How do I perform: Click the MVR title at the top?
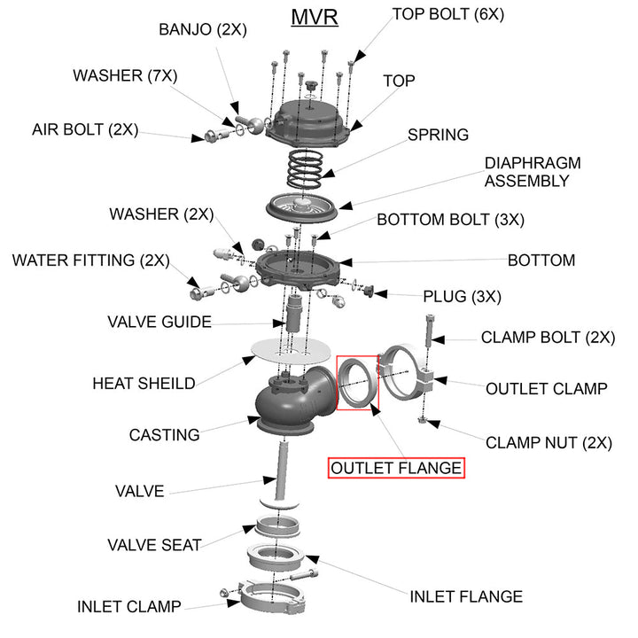(315, 18)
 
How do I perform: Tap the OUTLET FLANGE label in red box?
(396, 468)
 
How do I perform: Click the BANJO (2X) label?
(202, 29)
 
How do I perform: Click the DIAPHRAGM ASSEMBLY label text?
(526, 172)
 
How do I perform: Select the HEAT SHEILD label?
(144, 384)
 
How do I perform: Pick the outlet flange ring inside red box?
(357, 382)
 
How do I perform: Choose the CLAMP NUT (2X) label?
(548, 443)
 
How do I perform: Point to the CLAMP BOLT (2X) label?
(548, 338)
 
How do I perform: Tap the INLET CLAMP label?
(128, 607)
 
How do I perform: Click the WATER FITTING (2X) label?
(90, 261)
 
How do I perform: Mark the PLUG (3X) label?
(462, 295)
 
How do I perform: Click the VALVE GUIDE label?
(159, 321)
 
